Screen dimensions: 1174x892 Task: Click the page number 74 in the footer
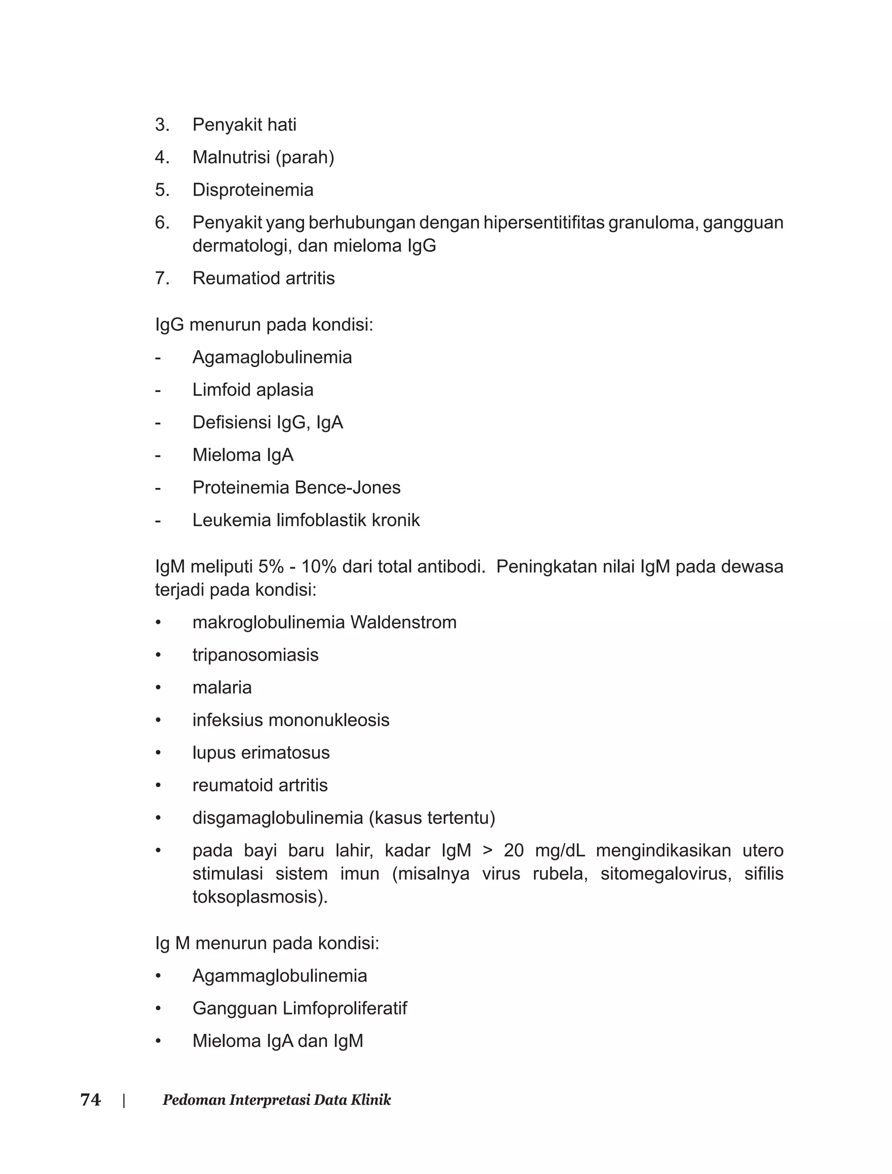click(90, 1100)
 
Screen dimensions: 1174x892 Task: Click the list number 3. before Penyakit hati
click(162, 125)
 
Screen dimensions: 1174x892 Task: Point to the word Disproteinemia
click(253, 189)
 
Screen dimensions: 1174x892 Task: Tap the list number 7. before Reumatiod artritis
click(162, 278)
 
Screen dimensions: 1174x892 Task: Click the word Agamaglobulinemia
click(272, 357)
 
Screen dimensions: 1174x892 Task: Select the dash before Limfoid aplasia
click(158, 390)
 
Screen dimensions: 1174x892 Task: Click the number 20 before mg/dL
click(514, 851)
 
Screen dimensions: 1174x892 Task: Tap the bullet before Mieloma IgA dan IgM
click(158, 1041)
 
